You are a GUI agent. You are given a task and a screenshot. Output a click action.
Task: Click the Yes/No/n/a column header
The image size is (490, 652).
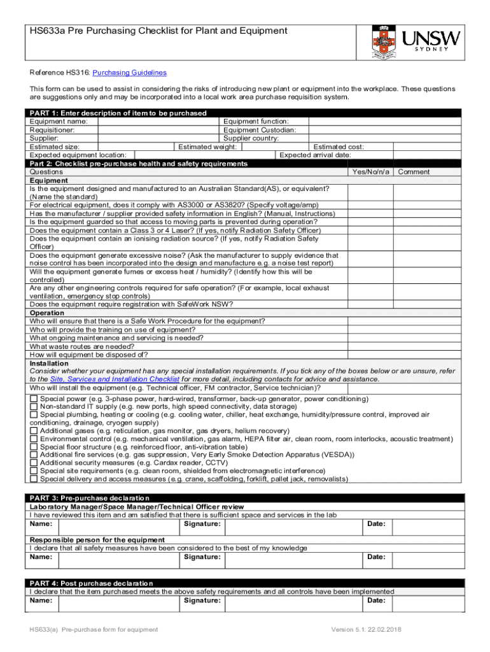pos(370,172)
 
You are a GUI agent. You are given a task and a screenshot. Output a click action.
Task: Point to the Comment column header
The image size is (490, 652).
pos(414,172)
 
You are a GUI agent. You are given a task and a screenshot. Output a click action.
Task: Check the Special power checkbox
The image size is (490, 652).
pos(34,399)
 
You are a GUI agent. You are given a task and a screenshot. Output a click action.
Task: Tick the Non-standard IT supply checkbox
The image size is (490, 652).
pos(34,406)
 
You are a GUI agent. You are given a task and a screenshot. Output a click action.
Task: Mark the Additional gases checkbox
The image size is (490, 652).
pos(34,431)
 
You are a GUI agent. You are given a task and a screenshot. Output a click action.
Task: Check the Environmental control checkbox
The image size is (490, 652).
pos(34,439)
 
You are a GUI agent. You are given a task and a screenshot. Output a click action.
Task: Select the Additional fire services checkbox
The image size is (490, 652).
pos(34,455)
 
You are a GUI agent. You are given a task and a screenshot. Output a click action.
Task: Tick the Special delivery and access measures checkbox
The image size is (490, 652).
pos(34,479)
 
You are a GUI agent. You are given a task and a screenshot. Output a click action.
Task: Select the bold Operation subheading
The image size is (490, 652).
pos(47,313)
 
